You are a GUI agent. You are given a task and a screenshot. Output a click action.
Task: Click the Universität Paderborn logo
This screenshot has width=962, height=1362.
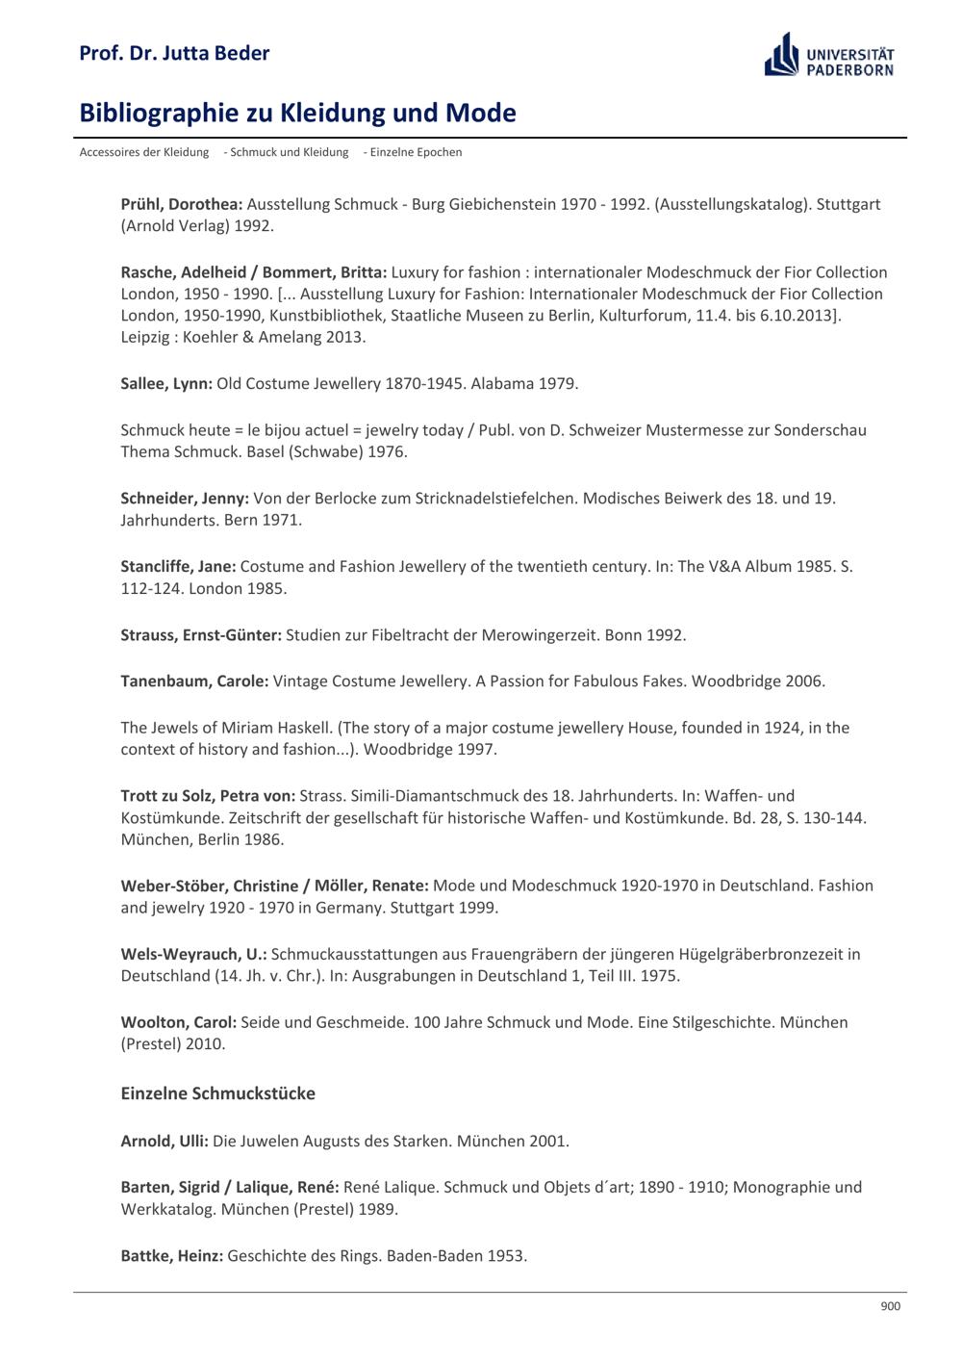(x=828, y=55)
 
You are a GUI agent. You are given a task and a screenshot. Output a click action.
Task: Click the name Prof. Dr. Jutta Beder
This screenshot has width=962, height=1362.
(x=174, y=53)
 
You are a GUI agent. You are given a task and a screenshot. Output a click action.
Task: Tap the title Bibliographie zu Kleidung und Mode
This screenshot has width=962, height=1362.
(x=297, y=114)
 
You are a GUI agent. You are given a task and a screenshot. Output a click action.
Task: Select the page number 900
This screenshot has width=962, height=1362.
(x=890, y=1306)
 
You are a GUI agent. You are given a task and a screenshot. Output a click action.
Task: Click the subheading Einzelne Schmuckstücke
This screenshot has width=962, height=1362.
(x=217, y=1093)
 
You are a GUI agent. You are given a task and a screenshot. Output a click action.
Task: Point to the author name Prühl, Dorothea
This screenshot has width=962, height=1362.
(x=182, y=204)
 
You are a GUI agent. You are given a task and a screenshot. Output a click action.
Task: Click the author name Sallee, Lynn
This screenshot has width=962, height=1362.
(x=166, y=383)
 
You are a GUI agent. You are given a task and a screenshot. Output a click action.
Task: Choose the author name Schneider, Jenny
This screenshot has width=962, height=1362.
(x=185, y=499)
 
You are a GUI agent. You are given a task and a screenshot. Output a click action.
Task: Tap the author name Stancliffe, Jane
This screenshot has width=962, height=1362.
(x=178, y=567)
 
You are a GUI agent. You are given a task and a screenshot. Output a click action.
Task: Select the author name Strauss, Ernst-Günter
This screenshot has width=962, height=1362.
(x=201, y=635)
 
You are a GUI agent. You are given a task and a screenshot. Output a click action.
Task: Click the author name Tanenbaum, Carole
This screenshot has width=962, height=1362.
(x=194, y=681)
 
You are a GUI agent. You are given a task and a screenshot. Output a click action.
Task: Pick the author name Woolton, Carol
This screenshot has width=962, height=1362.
(x=178, y=1022)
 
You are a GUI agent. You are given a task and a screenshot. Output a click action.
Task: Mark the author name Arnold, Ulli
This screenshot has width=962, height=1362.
(x=165, y=1142)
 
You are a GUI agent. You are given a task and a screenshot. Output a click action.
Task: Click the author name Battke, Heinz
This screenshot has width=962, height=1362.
(x=171, y=1256)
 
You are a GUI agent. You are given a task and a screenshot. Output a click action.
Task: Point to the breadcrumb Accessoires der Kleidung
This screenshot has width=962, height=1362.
(x=144, y=152)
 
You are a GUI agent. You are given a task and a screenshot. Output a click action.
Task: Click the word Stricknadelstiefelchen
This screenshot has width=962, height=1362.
(x=496, y=499)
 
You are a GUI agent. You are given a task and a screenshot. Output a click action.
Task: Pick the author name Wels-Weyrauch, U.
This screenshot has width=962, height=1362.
(x=193, y=954)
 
